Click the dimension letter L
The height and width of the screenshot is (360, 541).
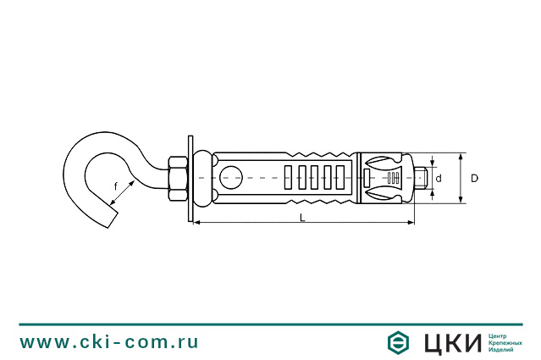(302, 217)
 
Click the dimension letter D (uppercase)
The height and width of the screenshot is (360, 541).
(475, 178)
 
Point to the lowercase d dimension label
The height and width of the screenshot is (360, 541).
(439, 179)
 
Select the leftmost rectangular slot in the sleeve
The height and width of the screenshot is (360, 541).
(290, 178)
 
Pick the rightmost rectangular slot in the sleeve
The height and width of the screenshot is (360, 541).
(341, 178)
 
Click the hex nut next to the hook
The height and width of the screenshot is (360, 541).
(177, 178)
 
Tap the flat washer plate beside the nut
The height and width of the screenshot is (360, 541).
(190, 178)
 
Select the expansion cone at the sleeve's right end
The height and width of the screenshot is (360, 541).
(383, 178)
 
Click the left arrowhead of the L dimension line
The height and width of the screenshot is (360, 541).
(198, 223)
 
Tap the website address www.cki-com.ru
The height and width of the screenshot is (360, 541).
(109, 342)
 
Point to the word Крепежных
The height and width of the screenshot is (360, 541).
(507, 342)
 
